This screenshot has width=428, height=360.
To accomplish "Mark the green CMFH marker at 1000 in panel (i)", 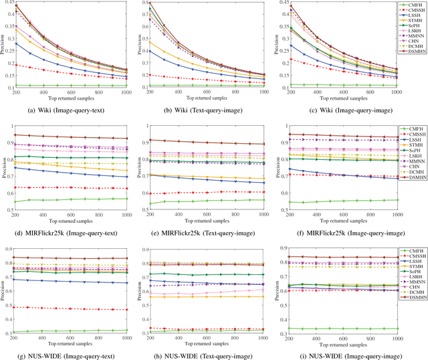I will pyautogui.click(x=395, y=329).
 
